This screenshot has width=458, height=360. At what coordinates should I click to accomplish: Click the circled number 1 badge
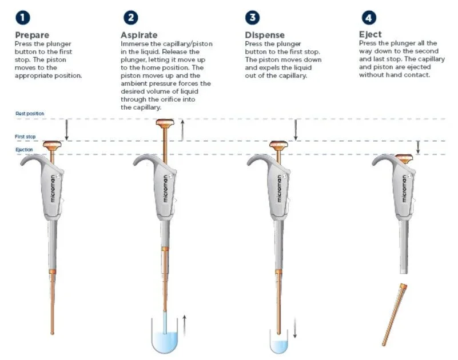[x=22, y=18]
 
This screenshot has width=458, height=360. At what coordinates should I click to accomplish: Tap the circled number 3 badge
[x=252, y=18]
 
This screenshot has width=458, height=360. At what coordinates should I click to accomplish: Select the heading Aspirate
[x=139, y=35]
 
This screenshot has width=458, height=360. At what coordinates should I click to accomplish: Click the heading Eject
[x=371, y=35]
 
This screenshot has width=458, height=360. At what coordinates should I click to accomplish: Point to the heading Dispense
[x=265, y=35]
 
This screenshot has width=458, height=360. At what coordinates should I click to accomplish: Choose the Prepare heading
[x=32, y=35]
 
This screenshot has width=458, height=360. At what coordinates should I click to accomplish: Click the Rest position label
[x=30, y=114]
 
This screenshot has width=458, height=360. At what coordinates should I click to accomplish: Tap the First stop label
[x=25, y=137]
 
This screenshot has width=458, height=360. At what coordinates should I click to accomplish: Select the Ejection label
[x=24, y=150]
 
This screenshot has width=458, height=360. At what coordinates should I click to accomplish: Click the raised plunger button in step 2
[x=165, y=123]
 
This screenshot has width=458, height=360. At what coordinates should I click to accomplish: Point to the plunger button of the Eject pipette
[x=404, y=158]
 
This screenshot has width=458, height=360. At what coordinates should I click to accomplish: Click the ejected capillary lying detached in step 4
[x=395, y=315]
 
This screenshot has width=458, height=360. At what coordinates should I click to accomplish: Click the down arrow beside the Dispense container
[x=294, y=328]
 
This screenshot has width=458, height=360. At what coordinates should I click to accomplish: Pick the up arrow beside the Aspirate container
[x=184, y=325]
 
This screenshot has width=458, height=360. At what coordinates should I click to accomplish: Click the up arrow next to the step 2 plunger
[x=182, y=130]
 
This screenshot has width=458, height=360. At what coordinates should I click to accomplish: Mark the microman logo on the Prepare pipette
[x=52, y=189]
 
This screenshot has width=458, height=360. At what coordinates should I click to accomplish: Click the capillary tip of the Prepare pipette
[x=52, y=333]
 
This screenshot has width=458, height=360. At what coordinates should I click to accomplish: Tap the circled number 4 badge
[x=369, y=18]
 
